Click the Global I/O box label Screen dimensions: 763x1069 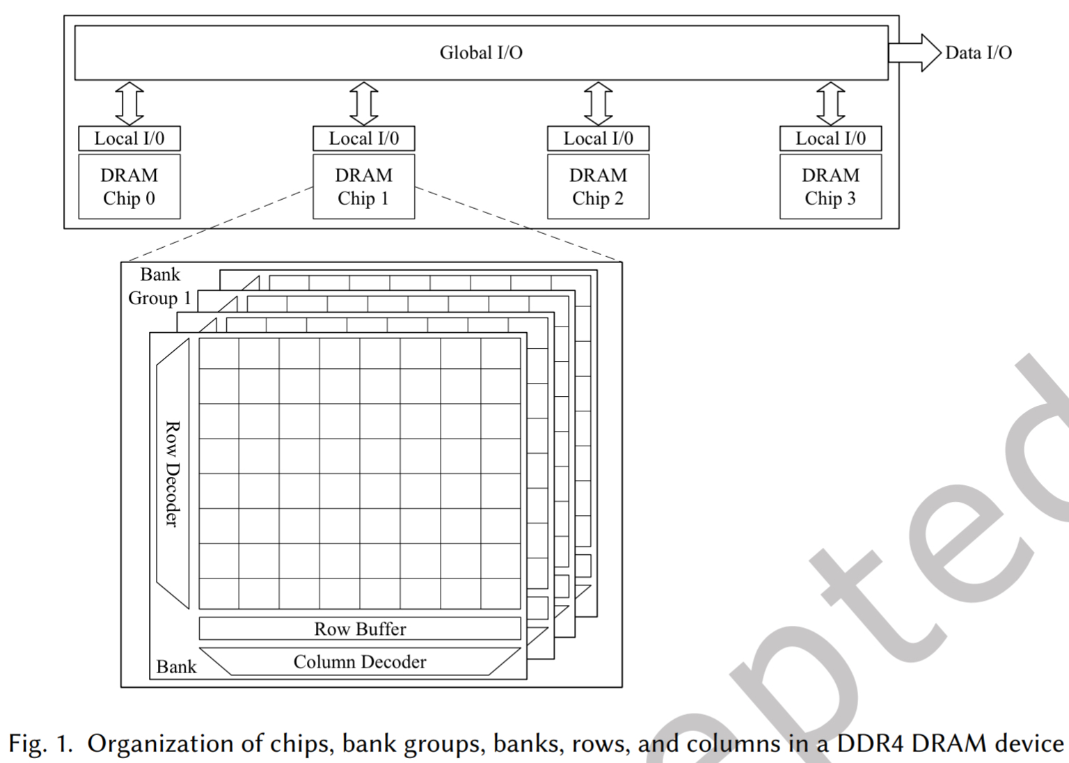pyautogui.click(x=481, y=53)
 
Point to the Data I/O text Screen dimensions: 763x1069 pyautogui.click(x=978, y=53)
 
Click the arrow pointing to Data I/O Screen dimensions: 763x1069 pyautogui.click(x=914, y=53)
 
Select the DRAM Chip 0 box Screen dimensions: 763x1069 pyautogui.click(x=129, y=187)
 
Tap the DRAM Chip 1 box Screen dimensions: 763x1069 pyautogui.click(x=363, y=187)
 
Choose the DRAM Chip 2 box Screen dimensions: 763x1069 pyautogui.click(x=598, y=187)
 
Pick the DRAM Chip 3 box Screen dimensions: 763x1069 pyautogui.click(x=830, y=187)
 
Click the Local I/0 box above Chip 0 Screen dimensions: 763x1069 pyautogui.click(x=129, y=139)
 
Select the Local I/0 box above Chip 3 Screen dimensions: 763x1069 pyautogui.click(x=830, y=139)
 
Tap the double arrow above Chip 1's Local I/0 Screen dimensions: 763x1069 pyautogui.click(x=363, y=103)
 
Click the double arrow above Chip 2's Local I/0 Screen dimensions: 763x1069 pyautogui.click(x=598, y=103)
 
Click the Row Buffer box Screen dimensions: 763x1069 pyautogui.click(x=360, y=629)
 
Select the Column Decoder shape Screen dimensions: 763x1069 pyautogui.click(x=360, y=661)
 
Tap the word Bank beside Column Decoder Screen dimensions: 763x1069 pyautogui.click(x=176, y=667)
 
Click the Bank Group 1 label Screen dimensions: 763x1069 pyautogui.click(x=160, y=286)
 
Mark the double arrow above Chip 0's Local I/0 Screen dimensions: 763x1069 pyautogui.click(x=129, y=103)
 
